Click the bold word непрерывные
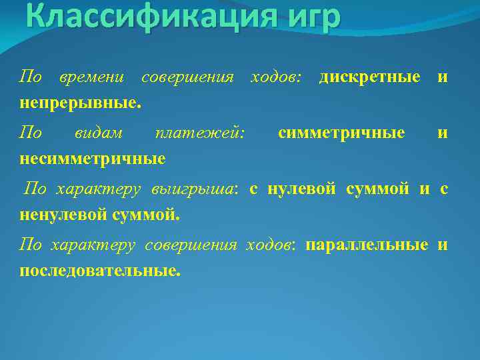pyautogui.click(x=80, y=103)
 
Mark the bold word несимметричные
pyautogui.click(x=93, y=159)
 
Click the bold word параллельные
pyautogui.click(x=367, y=245)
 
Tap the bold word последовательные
pyautogui.click(x=100, y=271)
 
